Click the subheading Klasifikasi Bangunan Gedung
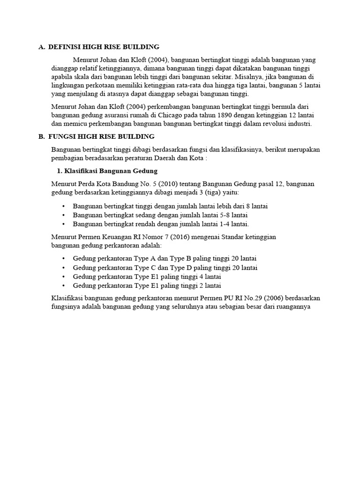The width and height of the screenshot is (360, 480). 107,171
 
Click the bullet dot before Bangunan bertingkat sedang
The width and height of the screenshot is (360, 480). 63,215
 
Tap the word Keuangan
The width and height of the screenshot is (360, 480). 115,237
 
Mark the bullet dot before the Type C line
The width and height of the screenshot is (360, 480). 63,268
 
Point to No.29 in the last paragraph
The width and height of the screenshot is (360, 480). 253,299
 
